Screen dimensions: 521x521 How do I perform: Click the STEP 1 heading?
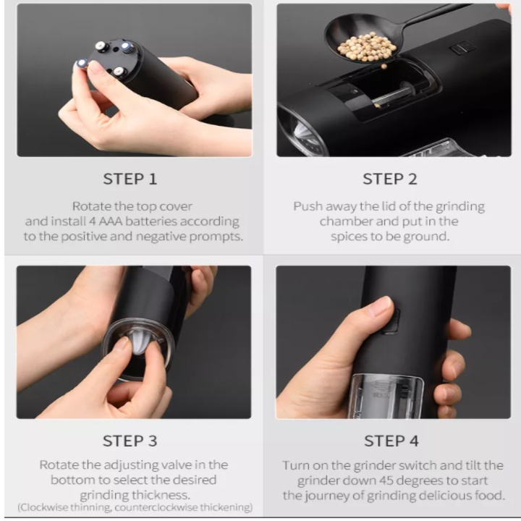(130, 179)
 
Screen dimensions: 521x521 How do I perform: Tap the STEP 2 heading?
(390, 179)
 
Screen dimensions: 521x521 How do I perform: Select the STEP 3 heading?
(130, 441)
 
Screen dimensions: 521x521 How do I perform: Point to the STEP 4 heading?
(391, 441)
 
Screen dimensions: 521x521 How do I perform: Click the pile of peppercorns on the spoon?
(367, 47)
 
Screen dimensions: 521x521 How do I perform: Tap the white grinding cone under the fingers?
(140, 345)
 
